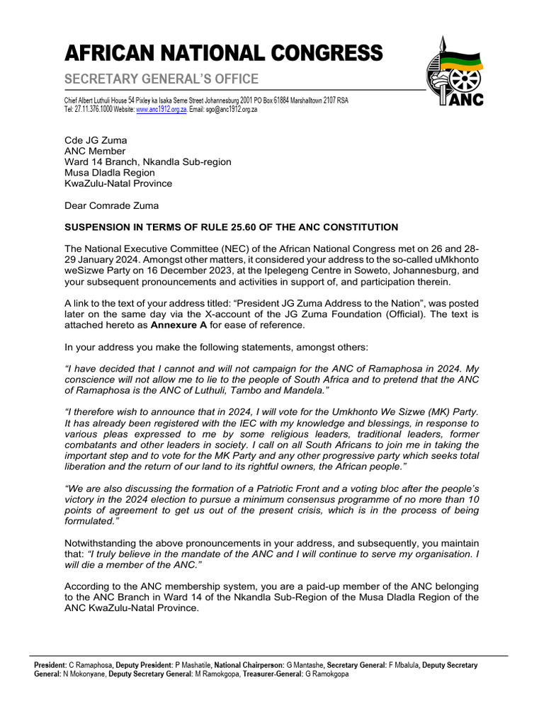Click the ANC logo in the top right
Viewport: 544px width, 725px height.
[455, 73]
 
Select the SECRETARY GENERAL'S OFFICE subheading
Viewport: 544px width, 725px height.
[161, 79]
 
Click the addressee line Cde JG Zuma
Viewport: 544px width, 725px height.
[96, 140]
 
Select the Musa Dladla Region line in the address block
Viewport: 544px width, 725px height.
[110, 172]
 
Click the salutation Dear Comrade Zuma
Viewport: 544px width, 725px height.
[112, 205]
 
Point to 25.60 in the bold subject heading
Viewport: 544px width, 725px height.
[260, 227]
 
